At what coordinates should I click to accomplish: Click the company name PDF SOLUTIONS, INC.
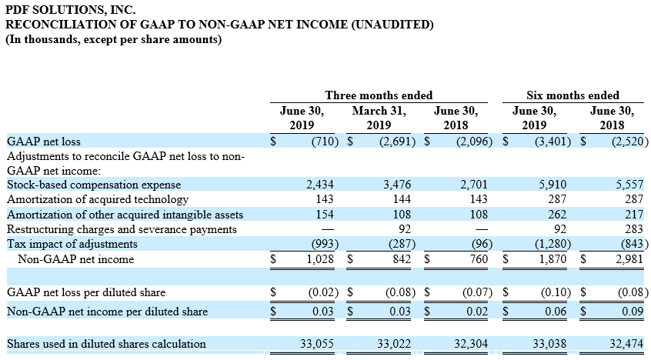[70, 9]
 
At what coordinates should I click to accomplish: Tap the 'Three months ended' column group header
[379, 95]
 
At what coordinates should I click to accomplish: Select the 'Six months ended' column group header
[573, 95]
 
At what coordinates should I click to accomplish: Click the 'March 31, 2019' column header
[379, 118]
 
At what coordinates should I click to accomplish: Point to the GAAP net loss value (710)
[325, 142]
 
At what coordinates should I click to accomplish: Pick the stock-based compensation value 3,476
[397, 185]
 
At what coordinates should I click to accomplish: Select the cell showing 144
[402, 199]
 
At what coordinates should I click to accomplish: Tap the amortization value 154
[325, 215]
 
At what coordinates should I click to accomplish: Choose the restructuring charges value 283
[634, 229]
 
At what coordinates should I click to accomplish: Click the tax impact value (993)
[325, 244]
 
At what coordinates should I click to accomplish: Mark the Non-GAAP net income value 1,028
[320, 259]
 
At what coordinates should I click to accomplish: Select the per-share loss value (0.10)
[556, 292]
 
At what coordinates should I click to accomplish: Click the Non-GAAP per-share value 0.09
[633, 312]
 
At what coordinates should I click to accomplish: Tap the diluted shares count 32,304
[471, 344]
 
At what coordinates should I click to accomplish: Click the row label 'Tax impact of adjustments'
[72, 244]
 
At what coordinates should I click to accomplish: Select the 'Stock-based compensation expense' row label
[94, 185]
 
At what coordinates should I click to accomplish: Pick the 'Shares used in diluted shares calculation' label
[106, 344]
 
